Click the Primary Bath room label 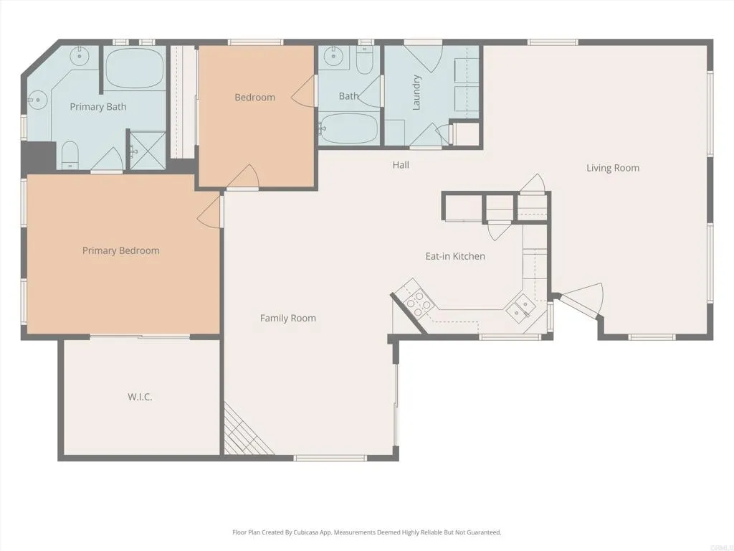pyautogui.click(x=98, y=107)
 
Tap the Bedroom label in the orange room pyautogui.click(x=254, y=98)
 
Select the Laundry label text pyautogui.click(x=416, y=93)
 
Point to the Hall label pyautogui.click(x=401, y=165)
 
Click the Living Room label pyautogui.click(x=613, y=168)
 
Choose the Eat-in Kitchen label pyautogui.click(x=455, y=256)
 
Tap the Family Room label pyautogui.click(x=287, y=318)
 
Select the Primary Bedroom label pyautogui.click(x=120, y=250)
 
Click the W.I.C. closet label pyautogui.click(x=140, y=397)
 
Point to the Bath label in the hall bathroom pyautogui.click(x=348, y=96)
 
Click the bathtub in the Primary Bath pyautogui.click(x=135, y=69)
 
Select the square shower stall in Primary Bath pyautogui.click(x=146, y=150)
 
